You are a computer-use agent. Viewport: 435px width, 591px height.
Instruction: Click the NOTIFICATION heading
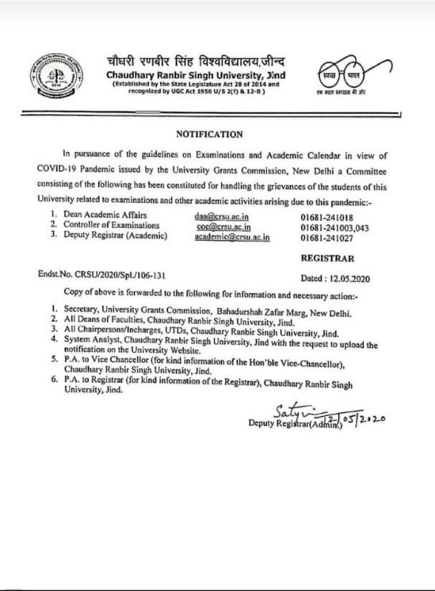[x=210, y=134]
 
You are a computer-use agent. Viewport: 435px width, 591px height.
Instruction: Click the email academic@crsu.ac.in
[x=233, y=236]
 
